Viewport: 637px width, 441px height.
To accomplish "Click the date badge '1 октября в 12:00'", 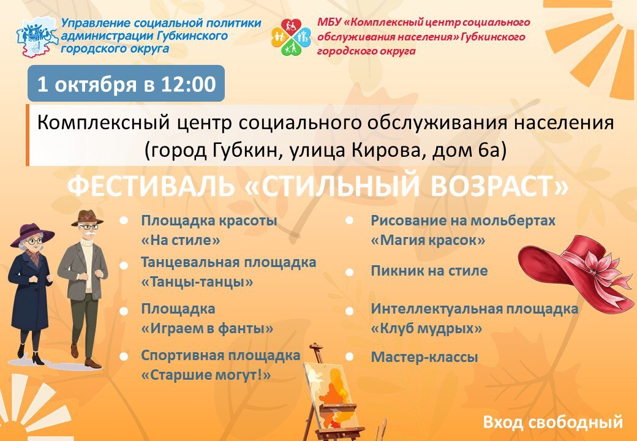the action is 126,83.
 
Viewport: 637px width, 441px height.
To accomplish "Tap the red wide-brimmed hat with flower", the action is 575,271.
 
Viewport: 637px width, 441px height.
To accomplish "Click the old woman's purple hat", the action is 32,234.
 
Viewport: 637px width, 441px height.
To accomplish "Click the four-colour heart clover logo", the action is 291,37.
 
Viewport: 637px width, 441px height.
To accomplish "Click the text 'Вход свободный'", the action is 552,422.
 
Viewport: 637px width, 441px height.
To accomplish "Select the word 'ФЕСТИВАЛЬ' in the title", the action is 151,186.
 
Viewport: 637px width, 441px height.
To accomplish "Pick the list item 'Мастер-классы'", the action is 424,357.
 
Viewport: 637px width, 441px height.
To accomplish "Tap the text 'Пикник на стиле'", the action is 429,271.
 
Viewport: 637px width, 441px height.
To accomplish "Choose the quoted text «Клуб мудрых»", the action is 426,328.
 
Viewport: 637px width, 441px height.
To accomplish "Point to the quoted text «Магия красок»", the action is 428,240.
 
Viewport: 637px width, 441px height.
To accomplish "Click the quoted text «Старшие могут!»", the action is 206,374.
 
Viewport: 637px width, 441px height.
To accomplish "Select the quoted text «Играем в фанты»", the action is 207,328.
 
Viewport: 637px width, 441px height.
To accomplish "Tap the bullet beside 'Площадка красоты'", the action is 124,221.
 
